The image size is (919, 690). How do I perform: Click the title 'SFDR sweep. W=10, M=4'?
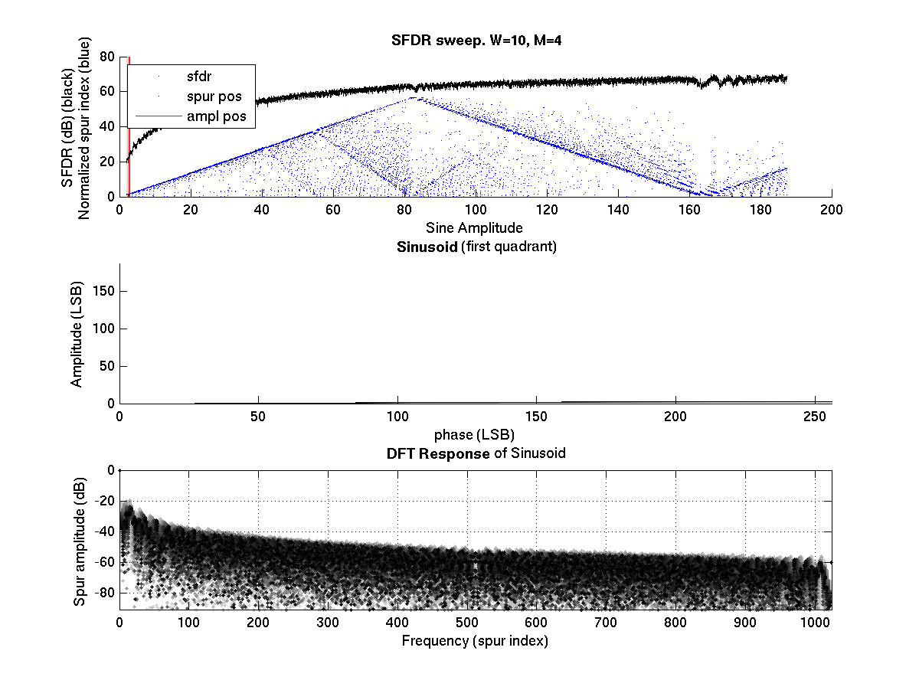tap(476, 41)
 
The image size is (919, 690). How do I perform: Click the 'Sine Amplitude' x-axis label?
tap(476, 227)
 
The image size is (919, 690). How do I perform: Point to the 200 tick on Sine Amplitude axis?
tap(832, 209)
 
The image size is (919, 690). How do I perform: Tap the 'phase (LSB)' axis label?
tap(476, 434)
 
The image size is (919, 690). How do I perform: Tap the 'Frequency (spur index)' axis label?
tap(476, 640)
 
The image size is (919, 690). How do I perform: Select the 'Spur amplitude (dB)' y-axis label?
tap(80, 541)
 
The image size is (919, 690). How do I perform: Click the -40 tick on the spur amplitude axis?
tap(104, 531)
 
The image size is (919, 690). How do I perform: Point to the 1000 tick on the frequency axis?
tap(815, 623)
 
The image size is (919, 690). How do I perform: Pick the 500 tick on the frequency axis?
tap(467, 623)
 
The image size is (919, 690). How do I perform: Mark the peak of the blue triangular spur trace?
tap(414, 98)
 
